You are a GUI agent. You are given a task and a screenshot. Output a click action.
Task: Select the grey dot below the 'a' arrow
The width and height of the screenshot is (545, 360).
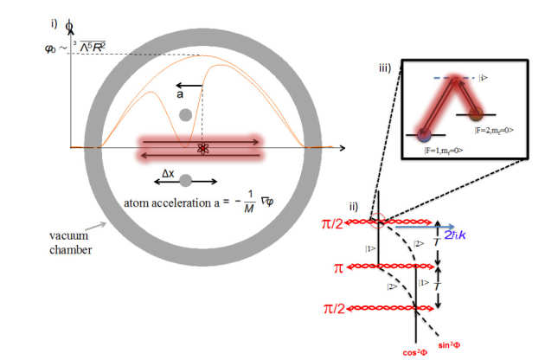click(x=184, y=114)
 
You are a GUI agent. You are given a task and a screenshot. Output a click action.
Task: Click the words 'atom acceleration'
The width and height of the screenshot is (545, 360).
click(x=158, y=202)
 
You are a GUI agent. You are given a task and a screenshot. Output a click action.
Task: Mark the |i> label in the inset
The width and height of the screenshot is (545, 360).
click(x=484, y=78)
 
